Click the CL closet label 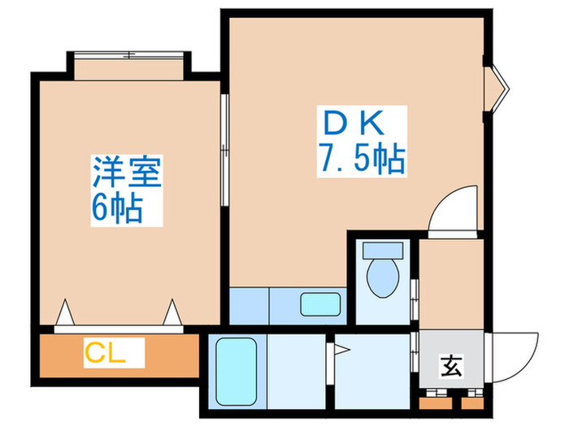(x=114, y=355)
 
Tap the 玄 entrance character (x=451, y=367)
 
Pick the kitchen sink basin (x=318, y=304)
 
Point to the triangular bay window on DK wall (x=497, y=85)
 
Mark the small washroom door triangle (x=341, y=351)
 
